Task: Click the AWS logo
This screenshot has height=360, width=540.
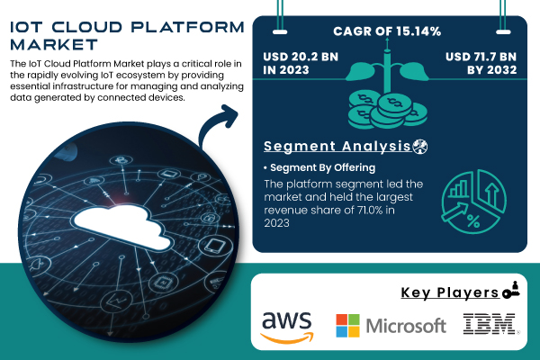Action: [x=286, y=326]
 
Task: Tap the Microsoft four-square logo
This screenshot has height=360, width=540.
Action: [x=346, y=325]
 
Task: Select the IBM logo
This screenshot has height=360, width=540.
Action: [x=490, y=325]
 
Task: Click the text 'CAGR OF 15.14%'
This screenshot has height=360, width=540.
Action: [x=388, y=32]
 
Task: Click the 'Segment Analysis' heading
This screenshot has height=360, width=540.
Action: [x=337, y=146]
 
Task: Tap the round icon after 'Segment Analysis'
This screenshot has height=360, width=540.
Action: [x=420, y=146]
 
